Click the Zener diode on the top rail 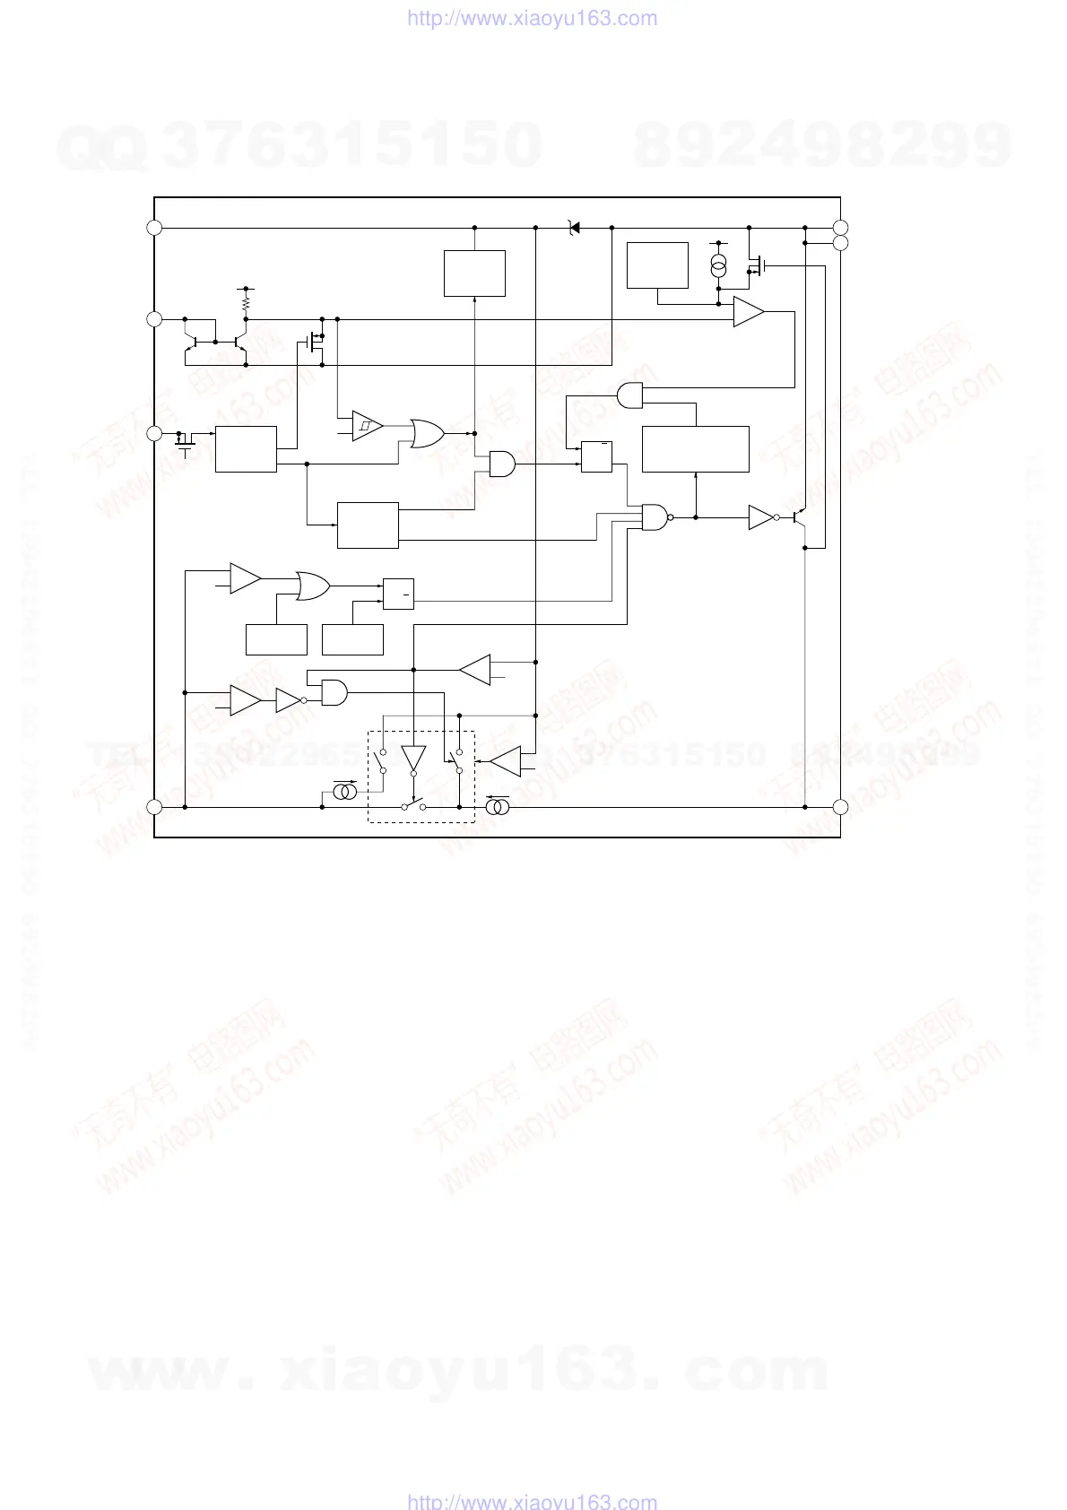coord(574,229)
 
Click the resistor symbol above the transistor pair coord(246,305)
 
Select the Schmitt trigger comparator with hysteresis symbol coord(367,425)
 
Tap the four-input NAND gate coord(656,516)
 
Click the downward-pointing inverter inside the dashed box coord(413,759)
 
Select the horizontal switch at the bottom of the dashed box coord(413,806)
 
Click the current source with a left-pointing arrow coord(498,807)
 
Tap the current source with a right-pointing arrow coord(345,793)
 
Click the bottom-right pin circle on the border coord(840,807)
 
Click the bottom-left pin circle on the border coord(154,807)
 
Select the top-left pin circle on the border coord(154,228)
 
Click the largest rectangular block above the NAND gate coord(696,449)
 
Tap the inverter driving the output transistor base coord(760,517)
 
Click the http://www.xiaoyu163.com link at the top coord(533,19)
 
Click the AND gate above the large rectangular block coord(631,395)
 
